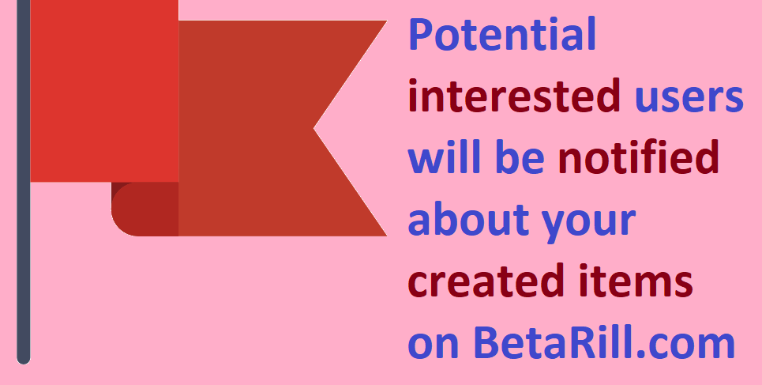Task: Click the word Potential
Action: click(x=502, y=34)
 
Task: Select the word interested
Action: click(x=515, y=96)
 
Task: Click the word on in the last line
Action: click(x=434, y=346)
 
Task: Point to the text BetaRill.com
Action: click(x=603, y=342)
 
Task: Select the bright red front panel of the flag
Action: click(x=104, y=91)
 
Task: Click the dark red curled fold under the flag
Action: click(x=145, y=209)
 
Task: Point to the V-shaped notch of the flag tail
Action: click(x=314, y=129)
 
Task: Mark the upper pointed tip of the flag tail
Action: click(x=386, y=21)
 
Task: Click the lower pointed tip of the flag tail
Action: click(x=386, y=236)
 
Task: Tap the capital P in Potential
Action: click(x=420, y=34)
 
